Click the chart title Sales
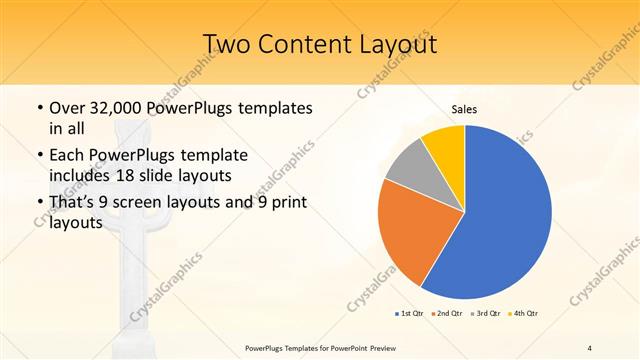(x=464, y=108)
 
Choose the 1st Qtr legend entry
(x=411, y=314)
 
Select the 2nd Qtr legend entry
(x=447, y=314)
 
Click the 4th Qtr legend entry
(x=525, y=314)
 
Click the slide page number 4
(x=590, y=347)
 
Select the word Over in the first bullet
(x=67, y=107)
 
